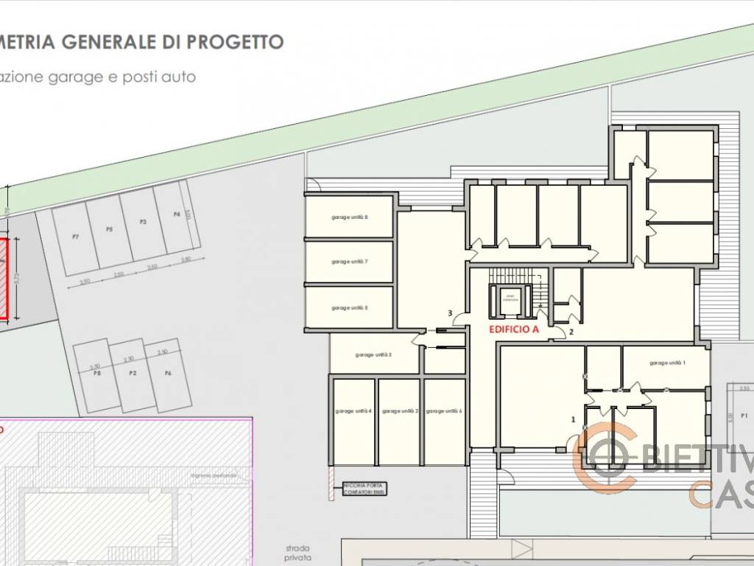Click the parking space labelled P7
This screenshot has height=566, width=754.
[76, 237]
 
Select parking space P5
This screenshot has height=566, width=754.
[109, 230]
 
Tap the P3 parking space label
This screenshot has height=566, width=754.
[143, 222]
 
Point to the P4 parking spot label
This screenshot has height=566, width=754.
[177, 214]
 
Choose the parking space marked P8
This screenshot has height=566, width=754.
[96, 374]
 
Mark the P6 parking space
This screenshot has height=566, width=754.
[168, 374]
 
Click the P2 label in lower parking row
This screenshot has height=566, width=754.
[133, 374]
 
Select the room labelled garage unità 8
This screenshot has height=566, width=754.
[349, 217]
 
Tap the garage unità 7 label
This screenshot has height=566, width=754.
[349, 262]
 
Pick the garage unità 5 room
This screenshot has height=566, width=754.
[349, 307]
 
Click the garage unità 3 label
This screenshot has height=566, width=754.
[373, 354]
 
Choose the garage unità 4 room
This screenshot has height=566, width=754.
[353, 410]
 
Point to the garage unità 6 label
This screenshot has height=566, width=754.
[444, 410]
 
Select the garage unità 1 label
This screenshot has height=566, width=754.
[667, 363]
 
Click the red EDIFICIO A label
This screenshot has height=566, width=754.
[514, 330]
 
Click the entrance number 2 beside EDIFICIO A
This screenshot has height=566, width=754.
[570, 332]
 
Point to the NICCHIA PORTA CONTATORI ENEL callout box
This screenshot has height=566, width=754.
[364, 488]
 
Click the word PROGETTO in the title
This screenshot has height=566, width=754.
[234, 42]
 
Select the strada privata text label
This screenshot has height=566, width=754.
[299, 553]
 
